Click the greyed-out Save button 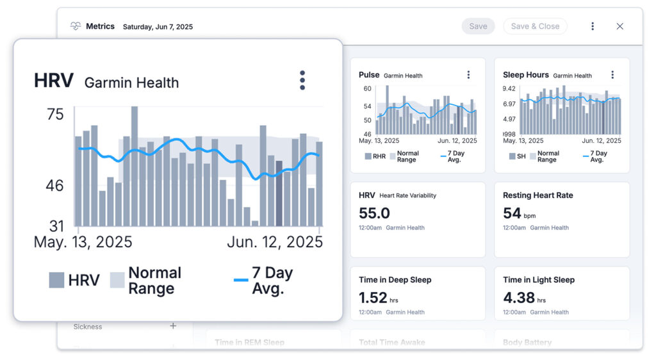click(478, 26)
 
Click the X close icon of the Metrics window click(619, 26)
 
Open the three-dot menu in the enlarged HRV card click(302, 81)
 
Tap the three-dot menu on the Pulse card click(468, 75)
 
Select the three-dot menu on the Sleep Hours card click(612, 75)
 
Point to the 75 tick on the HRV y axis click(55, 115)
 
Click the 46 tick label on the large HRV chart click(55, 186)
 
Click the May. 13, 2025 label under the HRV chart click(83, 242)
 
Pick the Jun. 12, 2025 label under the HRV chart click(275, 242)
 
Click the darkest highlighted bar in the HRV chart click(279, 193)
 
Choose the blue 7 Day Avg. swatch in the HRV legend click(241, 280)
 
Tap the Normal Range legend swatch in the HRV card click(117, 280)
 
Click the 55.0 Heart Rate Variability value click(375, 213)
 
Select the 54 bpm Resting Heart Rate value click(512, 213)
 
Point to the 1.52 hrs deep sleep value click(373, 298)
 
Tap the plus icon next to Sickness click(173, 326)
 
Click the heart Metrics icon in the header click(76, 26)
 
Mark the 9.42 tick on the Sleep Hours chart click(509, 89)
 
